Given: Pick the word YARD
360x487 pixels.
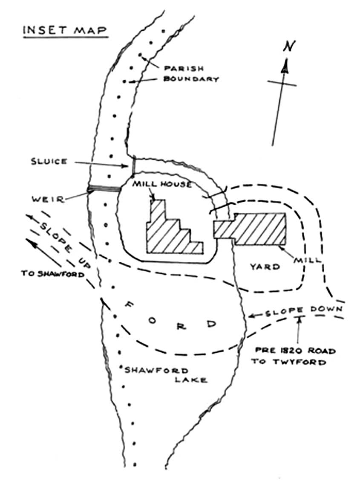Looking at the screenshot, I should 264,267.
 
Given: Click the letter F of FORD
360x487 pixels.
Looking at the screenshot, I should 130,304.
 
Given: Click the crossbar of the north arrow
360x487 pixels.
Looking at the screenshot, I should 282,82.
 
